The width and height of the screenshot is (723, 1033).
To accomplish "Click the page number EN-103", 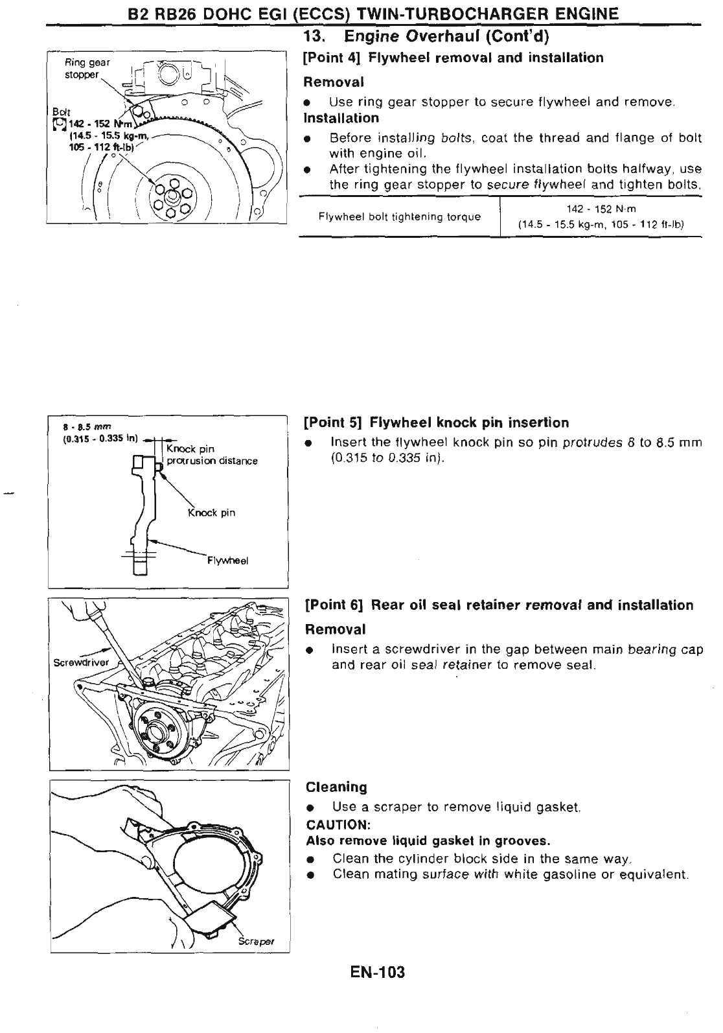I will point(376,972).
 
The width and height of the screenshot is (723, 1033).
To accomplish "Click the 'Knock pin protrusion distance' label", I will point(212,455).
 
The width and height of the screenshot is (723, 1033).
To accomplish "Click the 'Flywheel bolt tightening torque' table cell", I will point(400,216).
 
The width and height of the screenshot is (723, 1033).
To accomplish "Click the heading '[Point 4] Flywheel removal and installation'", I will point(453,58).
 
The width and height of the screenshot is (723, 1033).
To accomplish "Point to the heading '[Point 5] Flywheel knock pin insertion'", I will point(437,423).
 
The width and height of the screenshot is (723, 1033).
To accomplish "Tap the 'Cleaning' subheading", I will point(336,787).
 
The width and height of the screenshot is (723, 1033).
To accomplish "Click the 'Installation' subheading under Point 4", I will point(341,118).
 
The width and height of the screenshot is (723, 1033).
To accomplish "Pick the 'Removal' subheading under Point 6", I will point(336,629).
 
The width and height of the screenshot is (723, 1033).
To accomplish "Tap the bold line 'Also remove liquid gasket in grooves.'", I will point(428,841).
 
